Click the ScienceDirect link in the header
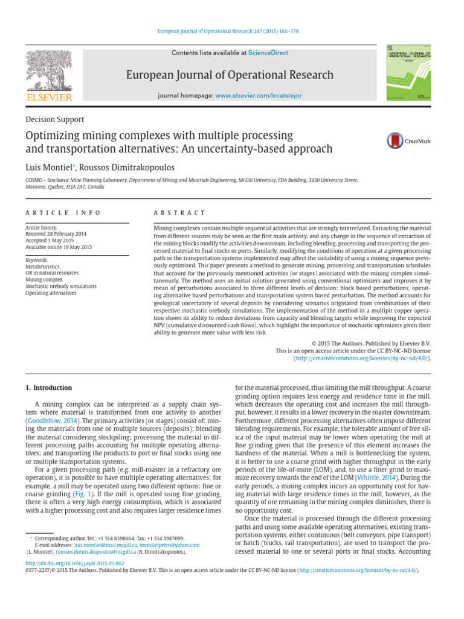(268, 53)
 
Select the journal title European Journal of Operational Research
(230, 75)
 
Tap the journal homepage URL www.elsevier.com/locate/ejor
(259, 96)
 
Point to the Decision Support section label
(54, 120)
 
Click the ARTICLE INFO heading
(62, 213)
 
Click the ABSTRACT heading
(181, 213)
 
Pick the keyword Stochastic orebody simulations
(62, 286)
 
